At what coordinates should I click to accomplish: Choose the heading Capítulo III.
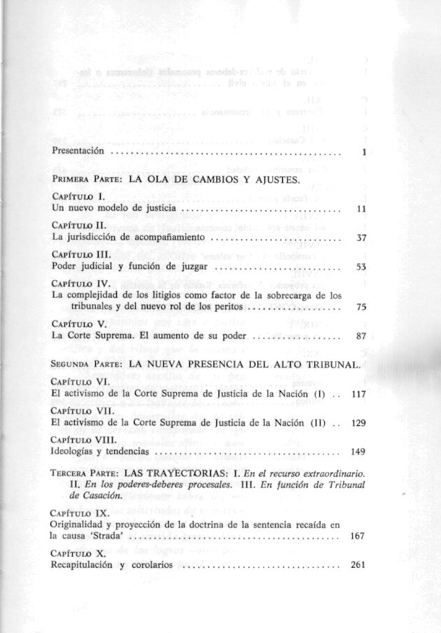tap(81, 256)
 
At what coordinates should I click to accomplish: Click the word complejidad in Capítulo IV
tap(94, 296)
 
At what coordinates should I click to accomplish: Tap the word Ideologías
tap(78, 452)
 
